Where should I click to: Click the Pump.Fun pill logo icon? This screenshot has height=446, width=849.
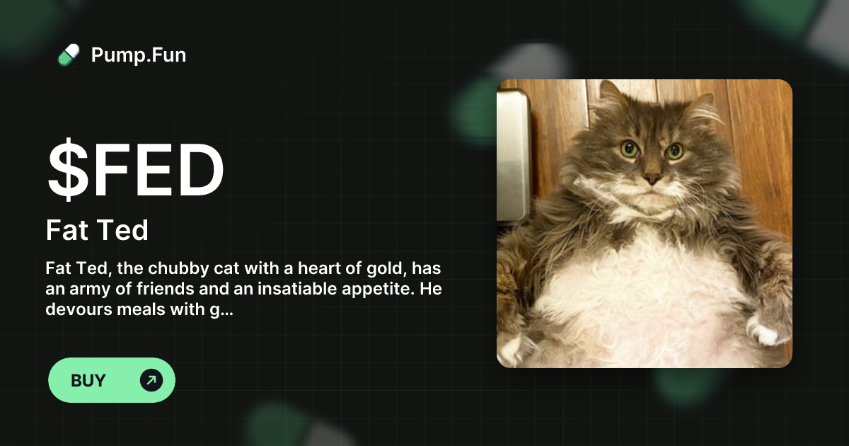[x=69, y=55]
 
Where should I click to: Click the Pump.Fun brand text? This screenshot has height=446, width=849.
[x=139, y=55]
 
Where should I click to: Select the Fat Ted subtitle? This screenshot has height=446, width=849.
[x=97, y=230]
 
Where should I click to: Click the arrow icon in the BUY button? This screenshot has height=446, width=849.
[x=151, y=380]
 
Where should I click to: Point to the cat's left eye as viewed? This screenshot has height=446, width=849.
[x=629, y=149]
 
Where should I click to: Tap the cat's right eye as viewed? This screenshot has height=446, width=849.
[x=675, y=150]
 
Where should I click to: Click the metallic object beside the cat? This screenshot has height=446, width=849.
[x=513, y=156]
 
